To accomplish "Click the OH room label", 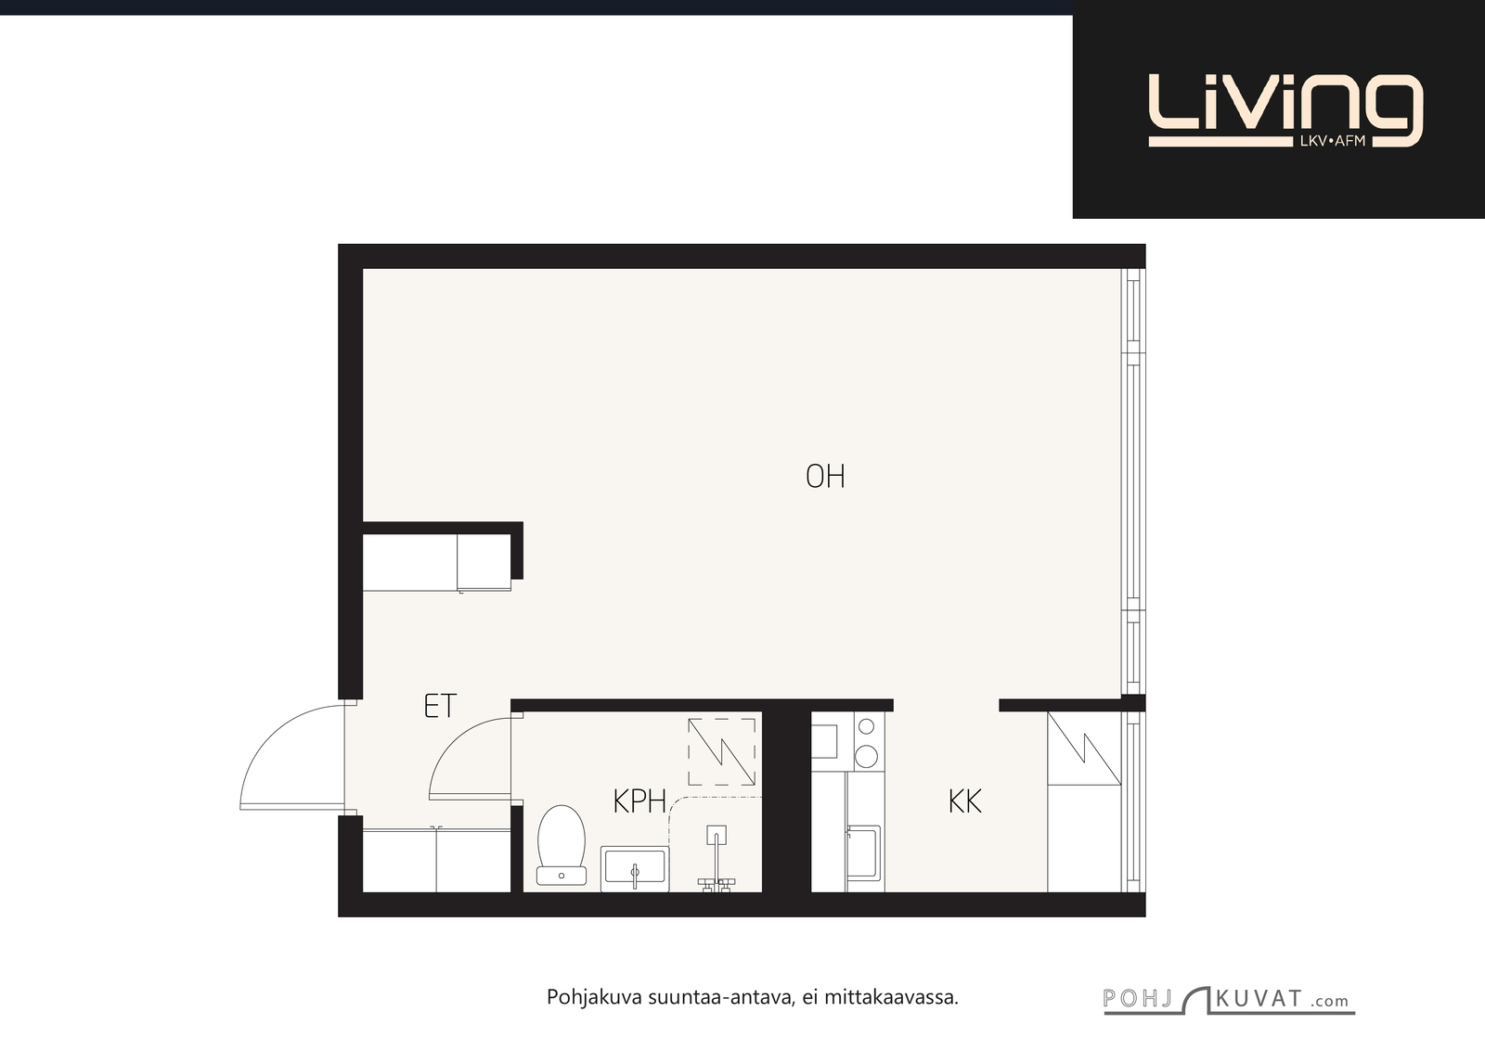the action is tap(825, 477).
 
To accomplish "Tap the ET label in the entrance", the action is tap(440, 706).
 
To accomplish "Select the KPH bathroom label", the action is tap(639, 801).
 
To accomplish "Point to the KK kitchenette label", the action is tap(964, 801).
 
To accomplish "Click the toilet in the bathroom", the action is tap(562, 845).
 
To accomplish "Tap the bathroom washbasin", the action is tap(635, 868).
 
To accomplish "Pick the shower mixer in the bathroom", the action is tap(716, 859).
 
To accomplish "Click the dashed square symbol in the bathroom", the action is tap(722, 752).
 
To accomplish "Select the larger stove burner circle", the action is tap(867, 756).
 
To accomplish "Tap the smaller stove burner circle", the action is tap(867, 727).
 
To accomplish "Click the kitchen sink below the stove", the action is tap(863, 852).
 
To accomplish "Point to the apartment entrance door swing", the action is tap(291, 757).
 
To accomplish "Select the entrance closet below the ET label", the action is tap(436, 860).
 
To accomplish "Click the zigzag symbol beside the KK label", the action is tap(1084, 748).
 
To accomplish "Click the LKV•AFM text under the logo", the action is tap(1333, 141).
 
